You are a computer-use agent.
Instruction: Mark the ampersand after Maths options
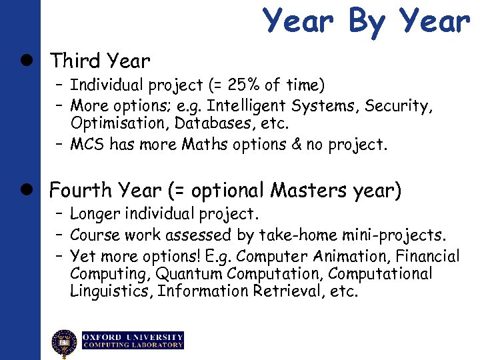click(295, 145)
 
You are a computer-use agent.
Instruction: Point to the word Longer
click(93, 215)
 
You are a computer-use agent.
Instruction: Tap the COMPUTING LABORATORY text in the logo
click(133, 345)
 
